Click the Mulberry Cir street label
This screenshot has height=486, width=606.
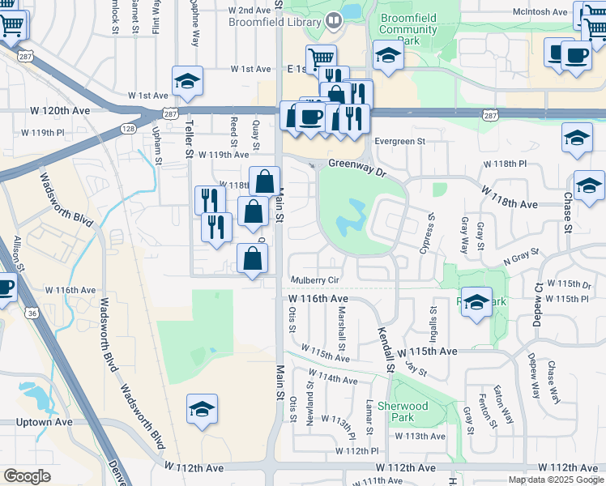click(315, 280)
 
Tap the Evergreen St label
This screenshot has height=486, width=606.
click(399, 142)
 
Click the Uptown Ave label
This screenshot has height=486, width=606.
click(44, 423)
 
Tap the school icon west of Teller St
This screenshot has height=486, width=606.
click(187, 82)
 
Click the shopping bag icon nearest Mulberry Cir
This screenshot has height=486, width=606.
click(253, 260)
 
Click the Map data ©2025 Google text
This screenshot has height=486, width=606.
click(556, 480)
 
